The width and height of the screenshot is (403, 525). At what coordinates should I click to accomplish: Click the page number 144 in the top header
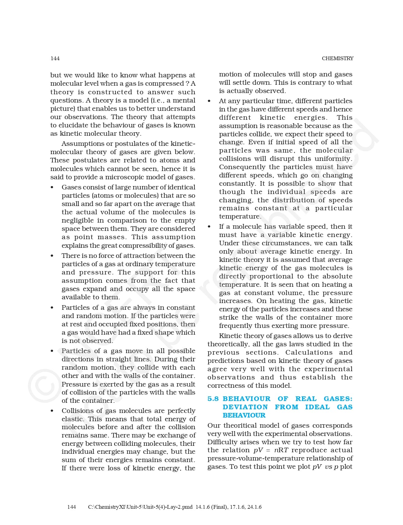[55, 58]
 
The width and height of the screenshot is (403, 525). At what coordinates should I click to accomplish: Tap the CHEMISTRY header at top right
[337, 58]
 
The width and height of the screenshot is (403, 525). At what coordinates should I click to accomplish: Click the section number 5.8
[213, 399]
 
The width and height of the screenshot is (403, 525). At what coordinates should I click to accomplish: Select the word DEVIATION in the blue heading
[245, 407]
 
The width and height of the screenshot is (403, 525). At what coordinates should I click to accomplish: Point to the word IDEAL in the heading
[317, 407]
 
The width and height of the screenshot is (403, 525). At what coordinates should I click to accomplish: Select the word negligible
[78, 220]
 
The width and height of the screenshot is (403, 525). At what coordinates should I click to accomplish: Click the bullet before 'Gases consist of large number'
[52, 188]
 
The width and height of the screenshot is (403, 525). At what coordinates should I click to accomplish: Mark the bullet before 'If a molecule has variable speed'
[209, 227]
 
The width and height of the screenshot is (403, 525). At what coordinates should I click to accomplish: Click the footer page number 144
[72, 507]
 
